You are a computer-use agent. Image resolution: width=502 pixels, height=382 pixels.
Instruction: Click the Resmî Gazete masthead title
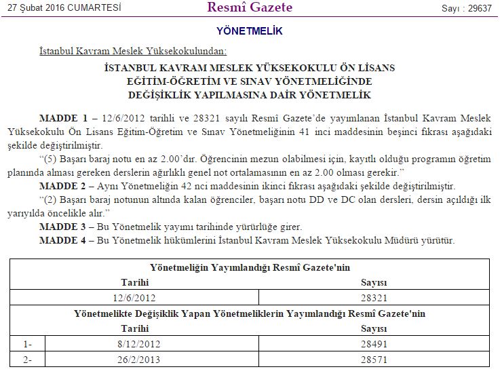pyautogui.click(x=250, y=8)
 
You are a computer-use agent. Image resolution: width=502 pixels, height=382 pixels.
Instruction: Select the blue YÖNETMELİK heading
pyautogui.click(x=250, y=31)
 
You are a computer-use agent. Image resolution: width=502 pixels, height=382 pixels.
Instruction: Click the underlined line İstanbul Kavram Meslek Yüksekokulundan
pyautogui.click(x=133, y=52)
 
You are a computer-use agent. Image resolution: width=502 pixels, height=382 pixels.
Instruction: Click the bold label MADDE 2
pyautogui.click(x=64, y=186)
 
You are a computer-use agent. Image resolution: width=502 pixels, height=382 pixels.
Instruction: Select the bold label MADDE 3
pyautogui.click(x=64, y=226)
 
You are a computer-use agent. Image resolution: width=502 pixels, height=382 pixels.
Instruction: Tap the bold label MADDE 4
pyautogui.click(x=64, y=240)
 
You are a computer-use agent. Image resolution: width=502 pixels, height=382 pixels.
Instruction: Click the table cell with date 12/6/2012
pyautogui.click(x=134, y=297)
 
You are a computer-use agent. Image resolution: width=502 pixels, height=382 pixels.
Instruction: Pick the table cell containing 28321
pyautogui.click(x=374, y=297)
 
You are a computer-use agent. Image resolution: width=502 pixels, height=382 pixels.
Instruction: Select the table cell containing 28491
pyautogui.click(x=374, y=344)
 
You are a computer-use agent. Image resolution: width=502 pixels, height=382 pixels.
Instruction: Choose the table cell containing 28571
pyautogui.click(x=374, y=359)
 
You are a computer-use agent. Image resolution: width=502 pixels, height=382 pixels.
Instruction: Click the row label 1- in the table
pyautogui.click(x=28, y=344)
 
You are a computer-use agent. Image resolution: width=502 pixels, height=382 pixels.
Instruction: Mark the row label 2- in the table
pyautogui.click(x=28, y=359)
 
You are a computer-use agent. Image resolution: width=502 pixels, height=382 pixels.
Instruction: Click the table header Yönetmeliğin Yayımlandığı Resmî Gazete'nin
pyautogui.click(x=250, y=267)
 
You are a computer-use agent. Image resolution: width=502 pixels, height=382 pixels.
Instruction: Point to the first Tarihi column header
pyautogui.click(x=134, y=282)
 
